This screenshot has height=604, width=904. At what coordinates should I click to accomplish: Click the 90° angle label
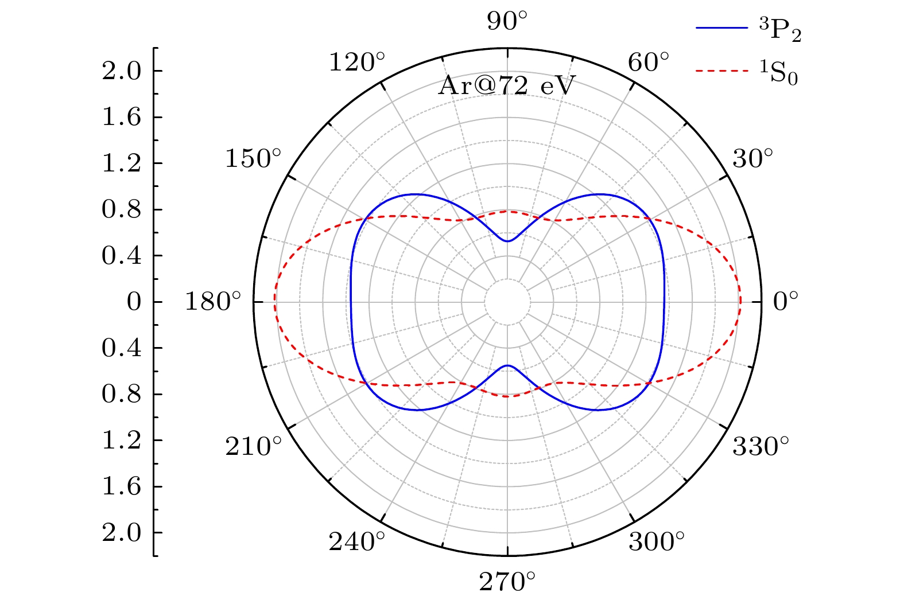point(507,22)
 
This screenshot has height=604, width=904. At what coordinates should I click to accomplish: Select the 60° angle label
point(649,62)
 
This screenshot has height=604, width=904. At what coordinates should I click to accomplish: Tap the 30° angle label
point(753,159)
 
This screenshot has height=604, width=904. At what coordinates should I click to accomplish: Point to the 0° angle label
point(786,301)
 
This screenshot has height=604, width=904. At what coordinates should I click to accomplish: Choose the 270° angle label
point(507,582)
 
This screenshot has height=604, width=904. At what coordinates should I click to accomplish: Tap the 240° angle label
point(356,541)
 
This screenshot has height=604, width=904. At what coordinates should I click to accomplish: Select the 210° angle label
point(253,446)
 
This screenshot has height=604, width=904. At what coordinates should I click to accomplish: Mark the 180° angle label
point(212,301)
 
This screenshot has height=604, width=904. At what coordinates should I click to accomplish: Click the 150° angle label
point(253,159)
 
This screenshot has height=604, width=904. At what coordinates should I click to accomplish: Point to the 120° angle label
point(356,62)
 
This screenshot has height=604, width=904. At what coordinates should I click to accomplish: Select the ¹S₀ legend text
point(777,75)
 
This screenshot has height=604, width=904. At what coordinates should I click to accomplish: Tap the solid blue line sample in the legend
point(722,28)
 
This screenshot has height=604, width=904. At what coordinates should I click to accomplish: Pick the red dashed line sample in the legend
point(722,71)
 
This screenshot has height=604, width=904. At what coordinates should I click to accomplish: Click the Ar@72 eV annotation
point(506,87)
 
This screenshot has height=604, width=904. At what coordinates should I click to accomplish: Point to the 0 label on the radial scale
point(134,302)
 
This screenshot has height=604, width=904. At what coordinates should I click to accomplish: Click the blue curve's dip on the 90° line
point(507,241)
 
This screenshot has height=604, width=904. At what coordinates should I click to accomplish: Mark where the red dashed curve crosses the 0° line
point(740,302)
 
